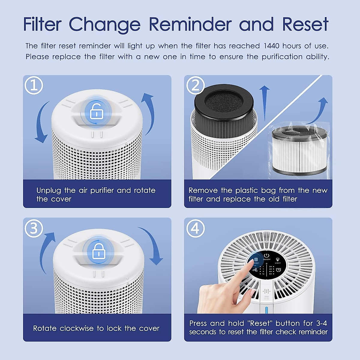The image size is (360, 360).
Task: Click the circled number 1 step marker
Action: pyautogui.click(x=34, y=85)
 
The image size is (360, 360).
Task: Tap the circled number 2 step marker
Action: pyautogui.click(x=195, y=85)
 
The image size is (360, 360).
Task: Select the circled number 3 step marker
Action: pyautogui.click(x=34, y=229)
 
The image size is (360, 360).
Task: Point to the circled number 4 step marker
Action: pyautogui.click(x=195, y=229)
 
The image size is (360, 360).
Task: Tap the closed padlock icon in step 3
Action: pyautogui.click(x=98, y=251)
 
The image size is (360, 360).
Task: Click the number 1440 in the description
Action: pyautogui.click(x=271, y=46)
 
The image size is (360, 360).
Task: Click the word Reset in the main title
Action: pyautogui.click(x=305, y=25)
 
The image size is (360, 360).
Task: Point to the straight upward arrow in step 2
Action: pyautogui.click(x=264, y=102)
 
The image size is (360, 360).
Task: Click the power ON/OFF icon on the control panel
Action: pyautogui.click(x=266, y=255)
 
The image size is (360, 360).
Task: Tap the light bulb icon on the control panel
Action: pyautogui.click(x=278, y=259)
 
